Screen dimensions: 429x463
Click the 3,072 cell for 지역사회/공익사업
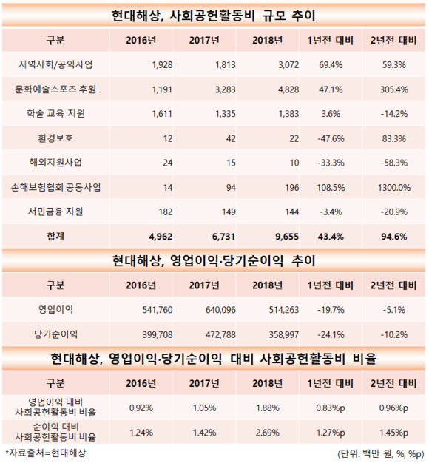[x=288, y=64]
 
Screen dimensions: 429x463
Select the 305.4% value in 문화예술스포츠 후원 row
[x=393, y=89]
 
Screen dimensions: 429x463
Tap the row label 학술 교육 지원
[x=55, y=114]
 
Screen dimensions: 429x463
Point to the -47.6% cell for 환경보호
[x=331, y=138]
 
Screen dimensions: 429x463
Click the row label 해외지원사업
[x=55, y=163]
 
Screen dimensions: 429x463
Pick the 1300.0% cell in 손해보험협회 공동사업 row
[x=393, y=188]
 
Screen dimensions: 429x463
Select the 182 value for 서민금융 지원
[x=166, y=212]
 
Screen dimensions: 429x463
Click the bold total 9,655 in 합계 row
[x=287, y=237]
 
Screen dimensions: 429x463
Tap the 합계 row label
[x=55, y=236]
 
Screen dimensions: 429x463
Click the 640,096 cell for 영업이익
[x=221, y=310]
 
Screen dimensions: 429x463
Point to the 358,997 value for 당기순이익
[x=284, y=334]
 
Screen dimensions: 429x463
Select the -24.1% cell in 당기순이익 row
[x=331, y=334]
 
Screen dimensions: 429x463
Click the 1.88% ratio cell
[x=268, y=408]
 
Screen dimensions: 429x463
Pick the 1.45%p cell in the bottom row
[x=393, y=433]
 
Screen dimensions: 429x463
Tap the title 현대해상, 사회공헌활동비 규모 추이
[x=214, y=16]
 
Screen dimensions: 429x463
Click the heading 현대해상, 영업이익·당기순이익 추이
[x=214, y=261]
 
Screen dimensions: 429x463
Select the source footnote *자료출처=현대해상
[x=46, y=453]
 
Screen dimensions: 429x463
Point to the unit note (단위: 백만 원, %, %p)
[x=381, y=453]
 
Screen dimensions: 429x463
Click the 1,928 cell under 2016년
[x=162, y=64]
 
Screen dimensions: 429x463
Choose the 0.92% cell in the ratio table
[x=141, y=408]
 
